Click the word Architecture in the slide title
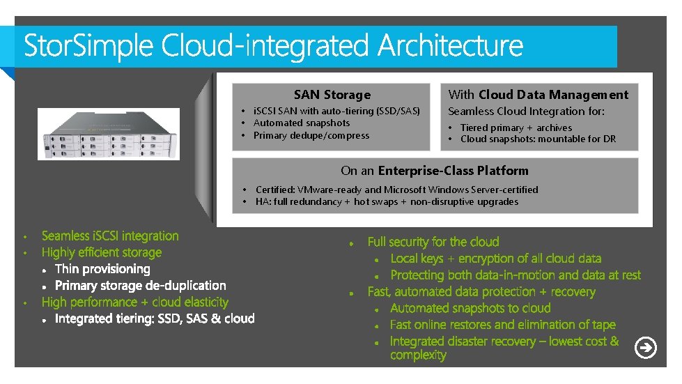450,46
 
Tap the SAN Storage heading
332,95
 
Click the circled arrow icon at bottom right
646,347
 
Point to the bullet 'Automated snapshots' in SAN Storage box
301,123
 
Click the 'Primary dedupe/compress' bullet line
311,136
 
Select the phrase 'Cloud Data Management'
553,95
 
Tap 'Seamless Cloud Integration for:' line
526,112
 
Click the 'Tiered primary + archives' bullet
516,128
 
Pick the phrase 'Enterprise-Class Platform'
453,171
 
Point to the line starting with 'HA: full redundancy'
387,202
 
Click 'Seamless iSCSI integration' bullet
110,236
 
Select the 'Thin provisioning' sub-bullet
102,269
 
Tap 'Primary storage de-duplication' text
140,286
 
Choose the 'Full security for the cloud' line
433,242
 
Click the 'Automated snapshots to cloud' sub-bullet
470,308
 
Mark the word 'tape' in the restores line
603,325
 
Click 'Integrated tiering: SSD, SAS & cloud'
155,319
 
